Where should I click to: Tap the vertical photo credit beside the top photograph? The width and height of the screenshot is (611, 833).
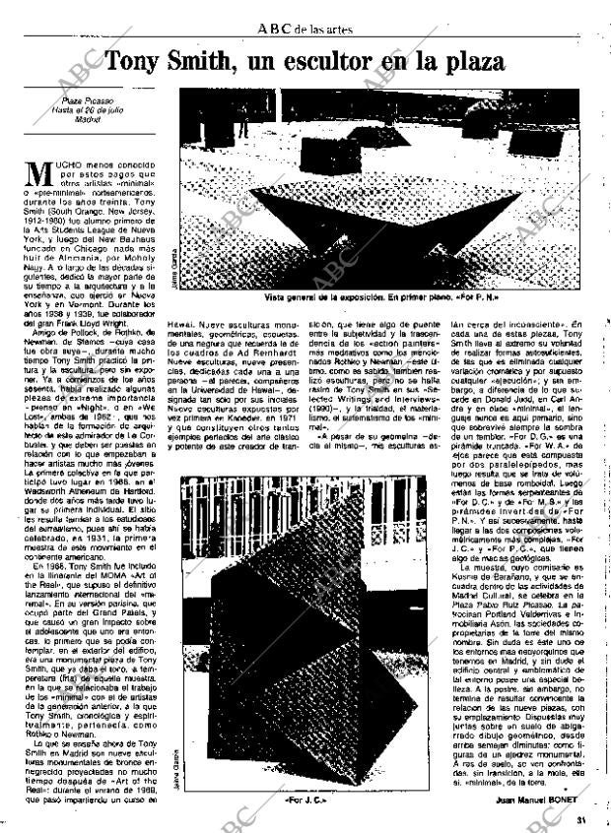172,265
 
